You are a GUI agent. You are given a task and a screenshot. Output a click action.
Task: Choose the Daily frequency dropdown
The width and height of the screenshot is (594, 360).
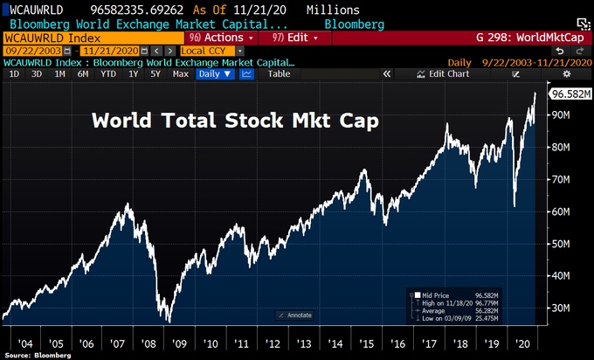215,74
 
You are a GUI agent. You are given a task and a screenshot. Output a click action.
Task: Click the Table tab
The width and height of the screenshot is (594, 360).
279,74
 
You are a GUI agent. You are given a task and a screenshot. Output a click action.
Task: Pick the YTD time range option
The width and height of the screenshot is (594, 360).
108,74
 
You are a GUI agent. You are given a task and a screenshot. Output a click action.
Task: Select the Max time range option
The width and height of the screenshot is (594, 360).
181,74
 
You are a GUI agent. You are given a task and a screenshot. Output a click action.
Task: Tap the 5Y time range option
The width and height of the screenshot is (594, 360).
155,74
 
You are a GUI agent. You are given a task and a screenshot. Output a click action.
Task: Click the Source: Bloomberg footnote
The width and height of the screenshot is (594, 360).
31,356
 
